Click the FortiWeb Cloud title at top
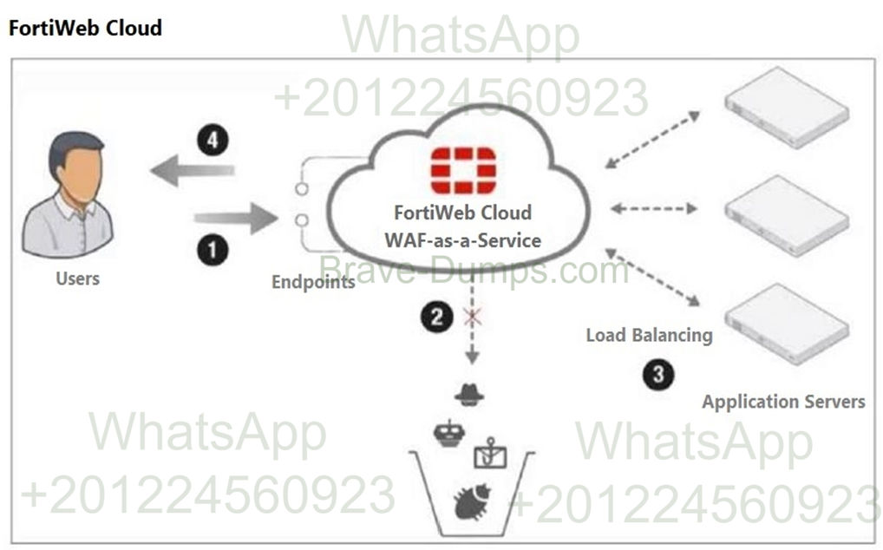[x=85, y=28]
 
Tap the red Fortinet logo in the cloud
[x=463, y=170]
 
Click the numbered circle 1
[x=212, y=251]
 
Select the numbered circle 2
[x=437, y=318]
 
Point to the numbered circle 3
[x=658, y=374]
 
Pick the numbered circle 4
[x=212, y=140]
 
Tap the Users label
[x=77, y=279]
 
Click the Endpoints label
[x=313, y=282]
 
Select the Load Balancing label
[x=649, y=335]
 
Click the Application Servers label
[x=782, y=402]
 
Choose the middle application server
[x=786, y=213]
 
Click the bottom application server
[x=786, y=323]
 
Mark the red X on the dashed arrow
[x=473, y=317]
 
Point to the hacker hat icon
[x=469, y=395]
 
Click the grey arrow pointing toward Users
[x=192, y=171]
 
